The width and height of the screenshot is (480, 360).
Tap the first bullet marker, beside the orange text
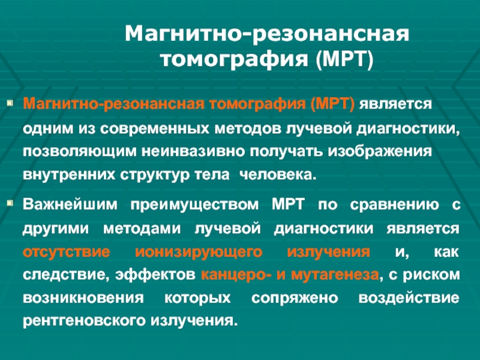pyautogui.click(x=10, y=103)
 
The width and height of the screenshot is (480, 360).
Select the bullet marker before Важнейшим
pyautogui.click(x=10, y=203)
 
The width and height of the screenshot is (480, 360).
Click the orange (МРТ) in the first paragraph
pyautogui.click(x=332, y=104)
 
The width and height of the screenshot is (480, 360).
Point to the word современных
pyautogui.click(x=155, y=128)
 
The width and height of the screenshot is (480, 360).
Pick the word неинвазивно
pyautogui.click(x=193, y=152)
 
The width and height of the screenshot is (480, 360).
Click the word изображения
pyautogui.click(x=380, y=152)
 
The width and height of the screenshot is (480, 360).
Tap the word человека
pyautogui.click(x=278, y=175)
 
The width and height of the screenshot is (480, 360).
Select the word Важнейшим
pyautogui.click(x=70, y=204)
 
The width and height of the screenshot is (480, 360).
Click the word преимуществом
pyautogui.click(x=194, y=205)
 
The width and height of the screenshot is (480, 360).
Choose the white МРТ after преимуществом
pyautogui.click(x=288, y=204)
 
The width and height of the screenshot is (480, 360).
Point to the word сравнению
pyautogui.click(x=395, y=205)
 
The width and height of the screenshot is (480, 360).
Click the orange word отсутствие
pyautogui.click(x=67, y=252)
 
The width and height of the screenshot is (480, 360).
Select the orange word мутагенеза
pyautogui.click(x=335, y=275)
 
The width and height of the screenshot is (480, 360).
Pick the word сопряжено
pyautogui.click(x=295, y=298)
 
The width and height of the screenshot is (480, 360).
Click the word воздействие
pyautogui.click(x=409, y=298)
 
